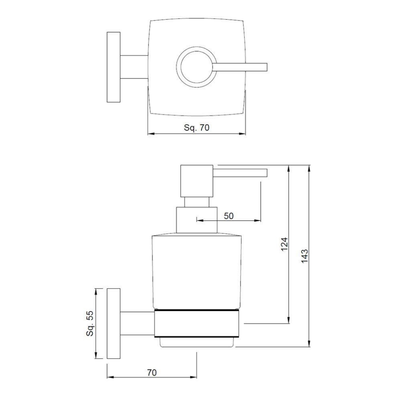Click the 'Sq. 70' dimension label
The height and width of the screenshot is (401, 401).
196,127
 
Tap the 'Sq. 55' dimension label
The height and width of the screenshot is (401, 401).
90,323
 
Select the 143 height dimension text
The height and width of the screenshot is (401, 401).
305,256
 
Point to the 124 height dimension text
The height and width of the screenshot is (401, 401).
284,244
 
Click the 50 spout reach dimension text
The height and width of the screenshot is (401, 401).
228,216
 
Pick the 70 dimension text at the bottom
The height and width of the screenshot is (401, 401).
152,373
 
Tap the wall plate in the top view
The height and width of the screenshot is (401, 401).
114,67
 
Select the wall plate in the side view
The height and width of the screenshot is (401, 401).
114,323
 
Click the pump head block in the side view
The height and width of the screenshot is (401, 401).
197,181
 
